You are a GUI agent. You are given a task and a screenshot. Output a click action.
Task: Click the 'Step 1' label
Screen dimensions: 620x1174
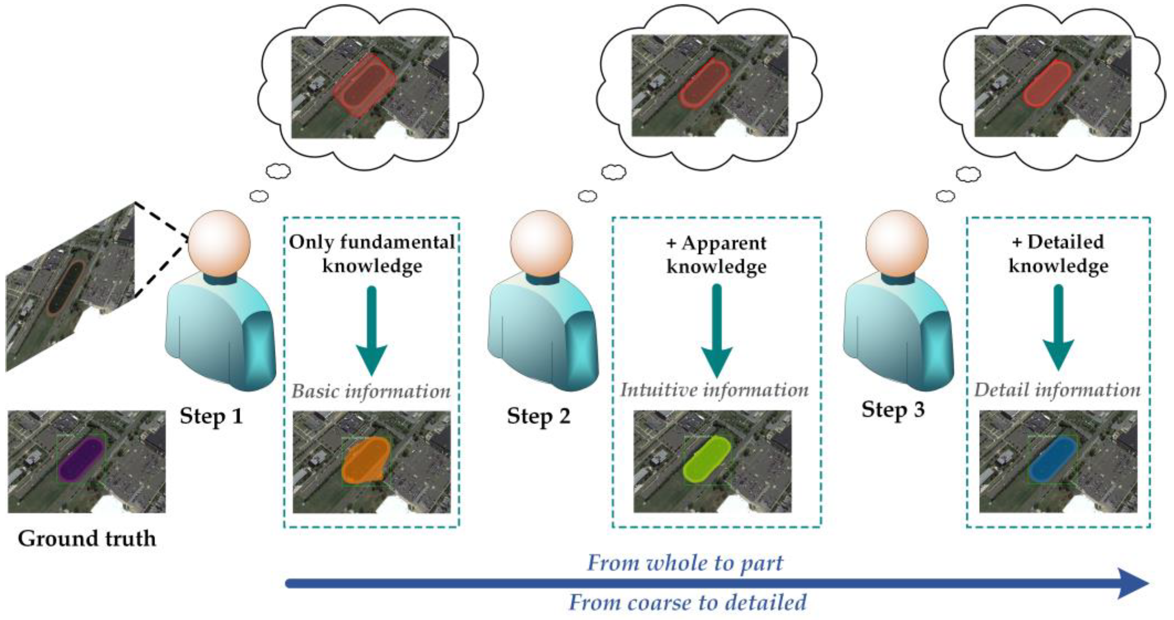click(x=211, y=416)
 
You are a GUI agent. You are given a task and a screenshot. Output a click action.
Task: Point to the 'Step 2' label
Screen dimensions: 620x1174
click(x=538, y=416)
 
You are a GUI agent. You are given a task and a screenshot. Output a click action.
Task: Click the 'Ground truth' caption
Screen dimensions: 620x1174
click(x=87, y=539)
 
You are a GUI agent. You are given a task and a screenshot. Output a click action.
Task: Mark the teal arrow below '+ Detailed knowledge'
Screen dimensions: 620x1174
click(x=1058, y=333)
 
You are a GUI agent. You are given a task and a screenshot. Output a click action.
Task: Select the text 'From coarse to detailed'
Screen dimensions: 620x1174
click(x=687, y=603)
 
